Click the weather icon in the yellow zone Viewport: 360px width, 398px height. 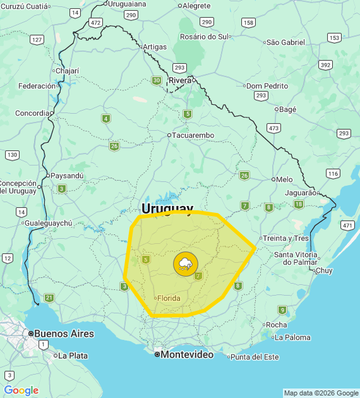coord(185,263)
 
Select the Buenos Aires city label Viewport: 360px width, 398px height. coord(63,334)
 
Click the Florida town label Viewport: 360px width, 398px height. coord(168,298)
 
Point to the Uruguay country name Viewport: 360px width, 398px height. coord(167,208)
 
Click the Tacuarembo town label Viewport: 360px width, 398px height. coord(193,135)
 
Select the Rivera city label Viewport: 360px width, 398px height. coord(180,80)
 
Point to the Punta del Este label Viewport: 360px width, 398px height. coord(255,357)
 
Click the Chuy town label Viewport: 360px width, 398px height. coord(323,270)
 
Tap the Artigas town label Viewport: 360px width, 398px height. coord(155,47)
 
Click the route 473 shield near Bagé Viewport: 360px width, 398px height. coord(273,128)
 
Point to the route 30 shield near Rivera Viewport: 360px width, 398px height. coord(156,80)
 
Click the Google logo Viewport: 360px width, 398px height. coord(21,390)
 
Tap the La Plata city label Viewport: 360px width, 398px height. coord(73,356)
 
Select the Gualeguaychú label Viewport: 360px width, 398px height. coord(49,223)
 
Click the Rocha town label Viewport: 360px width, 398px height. coord(276,325)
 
